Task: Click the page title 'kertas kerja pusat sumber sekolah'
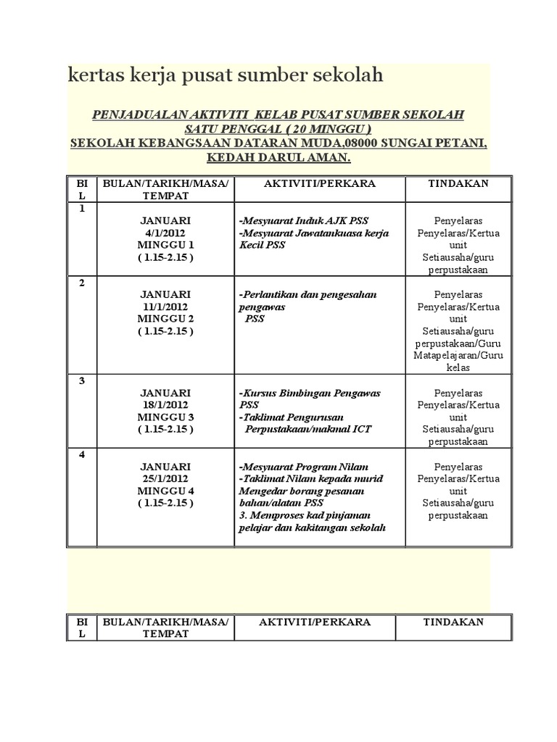[225, 77]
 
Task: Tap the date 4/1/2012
[165, 233]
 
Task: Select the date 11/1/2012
[165, 307]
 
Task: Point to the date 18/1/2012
[165, 405]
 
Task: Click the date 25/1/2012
[165, 479]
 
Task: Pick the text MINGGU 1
[165, 245]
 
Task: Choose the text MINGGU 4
[165, 491]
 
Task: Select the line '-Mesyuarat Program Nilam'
[303, 467]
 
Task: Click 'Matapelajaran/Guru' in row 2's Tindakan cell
[458, 355]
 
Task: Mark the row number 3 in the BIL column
[82, 380]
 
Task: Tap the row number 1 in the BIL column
[82, 208]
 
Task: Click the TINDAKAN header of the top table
[458, 183]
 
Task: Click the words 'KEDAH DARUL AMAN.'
[278, 157]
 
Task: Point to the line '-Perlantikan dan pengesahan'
[308, 294]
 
